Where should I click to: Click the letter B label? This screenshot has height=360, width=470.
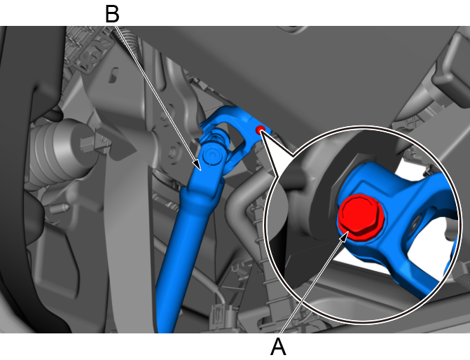point(112,15)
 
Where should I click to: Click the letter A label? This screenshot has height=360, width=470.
point(279,347)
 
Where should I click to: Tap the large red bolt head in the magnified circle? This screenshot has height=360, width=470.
point(361,216)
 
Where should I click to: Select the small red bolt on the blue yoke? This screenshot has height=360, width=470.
point(260,130)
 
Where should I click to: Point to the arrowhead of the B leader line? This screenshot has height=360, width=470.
point(197,165)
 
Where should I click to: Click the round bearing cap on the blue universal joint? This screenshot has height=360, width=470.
point(212,155)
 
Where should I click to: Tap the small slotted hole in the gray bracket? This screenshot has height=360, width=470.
point(113,74)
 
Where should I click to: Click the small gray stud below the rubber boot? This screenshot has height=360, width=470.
point(60,208)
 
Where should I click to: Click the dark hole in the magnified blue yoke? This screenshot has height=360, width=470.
point(415,224)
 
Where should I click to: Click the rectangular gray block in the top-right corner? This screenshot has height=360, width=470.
point(451,69)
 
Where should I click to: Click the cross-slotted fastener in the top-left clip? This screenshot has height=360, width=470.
point(92,55)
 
